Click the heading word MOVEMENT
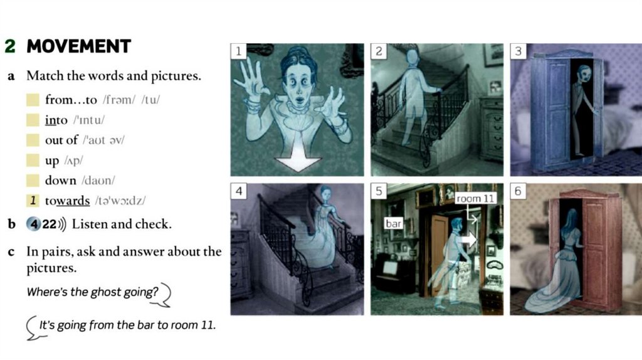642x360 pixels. (78, 46)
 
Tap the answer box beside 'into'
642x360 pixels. (33, 120)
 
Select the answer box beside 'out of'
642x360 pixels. (33, 140)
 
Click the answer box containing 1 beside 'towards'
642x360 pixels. (33, 200)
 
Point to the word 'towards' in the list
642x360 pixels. (67, 201)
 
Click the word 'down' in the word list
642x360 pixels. (61, 180)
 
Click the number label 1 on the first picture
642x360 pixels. (238, 51)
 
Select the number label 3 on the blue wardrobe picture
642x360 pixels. (518, 51)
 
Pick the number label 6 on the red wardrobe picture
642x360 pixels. (518, 191)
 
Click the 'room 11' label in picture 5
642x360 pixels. (475, 199)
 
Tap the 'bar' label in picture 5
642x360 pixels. (394, 223)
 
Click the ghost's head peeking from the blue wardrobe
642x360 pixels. (583, 74)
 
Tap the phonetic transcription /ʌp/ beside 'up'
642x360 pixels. (74, 161)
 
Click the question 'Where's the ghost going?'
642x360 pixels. (92, 292)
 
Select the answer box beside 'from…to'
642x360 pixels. (33, 100)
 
